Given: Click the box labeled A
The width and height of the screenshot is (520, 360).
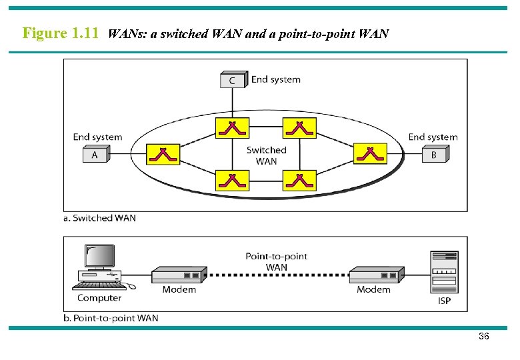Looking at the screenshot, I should (x=95, y=155).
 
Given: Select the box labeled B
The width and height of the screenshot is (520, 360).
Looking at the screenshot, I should (x=435, y=155).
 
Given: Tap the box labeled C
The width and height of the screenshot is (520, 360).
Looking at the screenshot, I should (x=233, y=81).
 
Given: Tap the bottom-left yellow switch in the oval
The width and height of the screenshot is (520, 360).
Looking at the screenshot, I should (x=232, y=180).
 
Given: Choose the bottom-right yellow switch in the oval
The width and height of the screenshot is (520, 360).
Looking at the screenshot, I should (x=299, y=180).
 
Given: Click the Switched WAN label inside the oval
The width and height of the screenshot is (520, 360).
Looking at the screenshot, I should (x=266, y=155).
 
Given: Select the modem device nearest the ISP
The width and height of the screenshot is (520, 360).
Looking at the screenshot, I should (x=376, y=275).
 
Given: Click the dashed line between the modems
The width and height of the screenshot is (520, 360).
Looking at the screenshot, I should (x=277, y=275).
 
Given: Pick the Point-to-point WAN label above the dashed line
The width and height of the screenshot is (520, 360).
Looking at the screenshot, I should (x=276, y=261).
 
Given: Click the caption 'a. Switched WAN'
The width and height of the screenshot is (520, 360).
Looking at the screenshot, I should (x=99, y=218).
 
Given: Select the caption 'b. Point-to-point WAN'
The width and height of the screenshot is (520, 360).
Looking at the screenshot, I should (x=111, y=318).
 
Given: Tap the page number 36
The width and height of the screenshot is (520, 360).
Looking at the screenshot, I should (x=484, y=337).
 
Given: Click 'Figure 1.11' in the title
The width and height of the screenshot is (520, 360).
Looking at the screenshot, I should (x=61, y=33).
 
